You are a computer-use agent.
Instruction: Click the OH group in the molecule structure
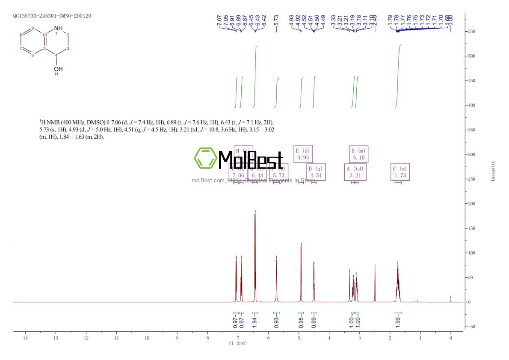pyautogui.click(x=58, y=68)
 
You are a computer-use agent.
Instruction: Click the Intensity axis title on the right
pyautogui.click(x=493, y=171)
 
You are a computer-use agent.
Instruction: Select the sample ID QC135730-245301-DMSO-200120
pyautogui.click(x=52, y=16)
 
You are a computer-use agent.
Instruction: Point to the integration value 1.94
pyautogui.click(x=255, y=321)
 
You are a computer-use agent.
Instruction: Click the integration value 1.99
pyautogui.click(x=398, y=321)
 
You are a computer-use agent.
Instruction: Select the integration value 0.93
pyautogui.click(x=276, y=321)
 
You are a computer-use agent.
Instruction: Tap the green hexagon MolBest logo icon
pyautogui.click(x=205, y=158)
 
